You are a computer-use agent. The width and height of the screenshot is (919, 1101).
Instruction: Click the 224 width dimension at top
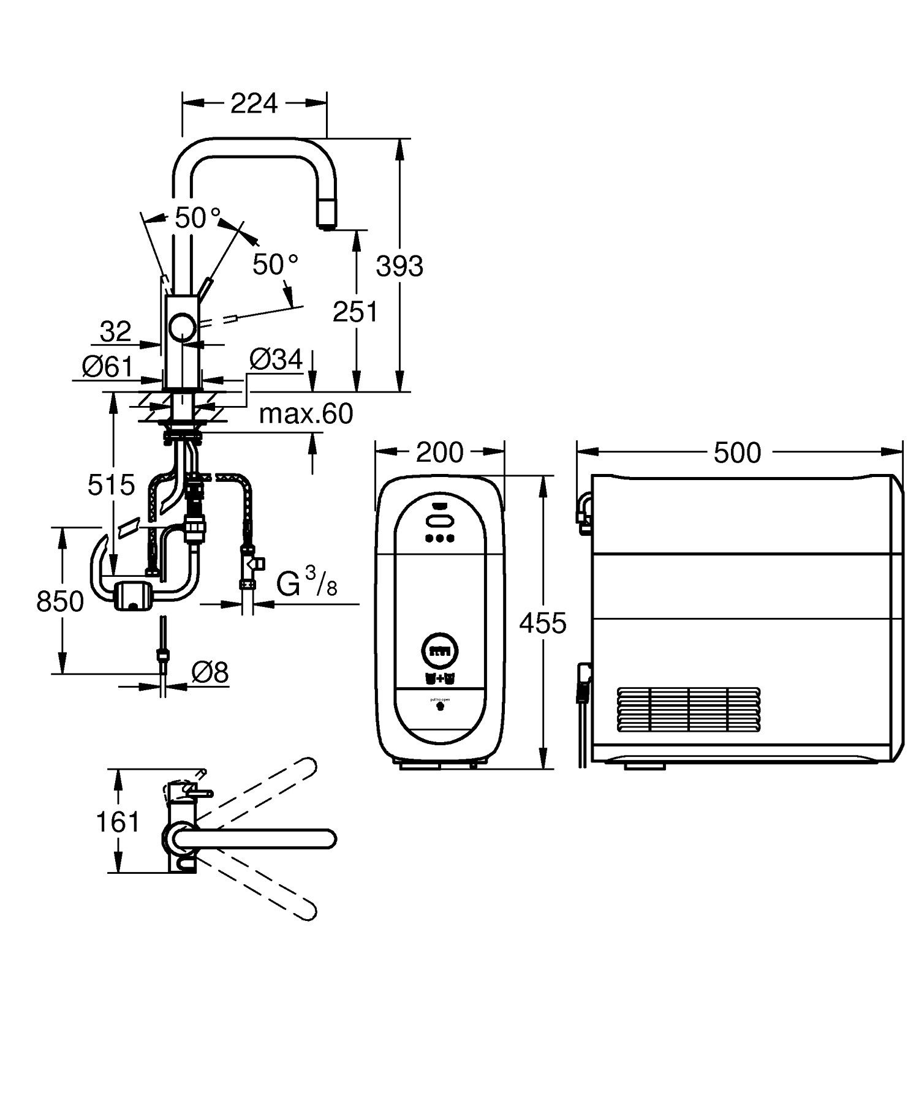pyautogui.click(x=254, y=103)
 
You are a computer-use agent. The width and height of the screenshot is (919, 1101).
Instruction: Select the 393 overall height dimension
pyautogui.click(x=399, y=266)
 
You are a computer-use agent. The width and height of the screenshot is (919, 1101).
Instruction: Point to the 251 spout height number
pyautogui.click(x=355, y=312)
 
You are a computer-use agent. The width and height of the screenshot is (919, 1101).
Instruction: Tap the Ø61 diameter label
pyautogui.click(x=108, y=367)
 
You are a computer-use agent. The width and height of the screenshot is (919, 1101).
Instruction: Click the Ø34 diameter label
pyautogui.click(x=276, y=359)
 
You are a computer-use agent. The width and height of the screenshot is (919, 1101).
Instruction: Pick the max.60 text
pyautogui.click(x=306, y=414)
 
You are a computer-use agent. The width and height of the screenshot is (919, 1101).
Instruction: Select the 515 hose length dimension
pyautogui.click(x=111, y=485)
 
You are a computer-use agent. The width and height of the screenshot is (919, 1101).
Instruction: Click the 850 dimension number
pyautogui.click(x=60, y=601)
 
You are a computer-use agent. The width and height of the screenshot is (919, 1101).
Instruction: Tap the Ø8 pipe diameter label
pyautogui.click(x=209, y=673)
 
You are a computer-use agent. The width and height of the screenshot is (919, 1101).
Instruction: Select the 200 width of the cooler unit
pyautogui.click(x=439, y=453)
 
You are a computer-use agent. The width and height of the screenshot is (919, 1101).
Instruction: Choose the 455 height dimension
pyautogui.click(x=543, y=623)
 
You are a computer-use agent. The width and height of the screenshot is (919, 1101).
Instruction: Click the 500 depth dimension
pyautogui.click(x=737, y=453)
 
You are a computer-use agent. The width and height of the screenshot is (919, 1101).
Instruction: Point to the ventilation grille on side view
pyautogui.click(x=689, y=710)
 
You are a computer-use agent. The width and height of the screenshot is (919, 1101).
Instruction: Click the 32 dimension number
pyautogui.click(x=115, y=332)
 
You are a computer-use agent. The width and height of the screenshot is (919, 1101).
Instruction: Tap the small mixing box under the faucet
pyautogui.click(x=133, y=595)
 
